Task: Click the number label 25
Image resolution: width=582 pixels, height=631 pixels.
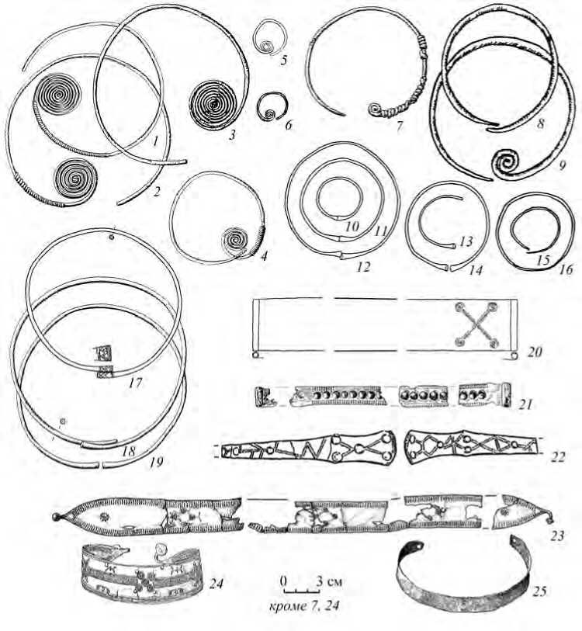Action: point(540,591)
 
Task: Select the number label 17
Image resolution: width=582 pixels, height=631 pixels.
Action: point(136,382)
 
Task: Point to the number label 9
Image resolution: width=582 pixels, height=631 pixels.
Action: point(562,165)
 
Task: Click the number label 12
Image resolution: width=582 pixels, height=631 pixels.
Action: point(363,266)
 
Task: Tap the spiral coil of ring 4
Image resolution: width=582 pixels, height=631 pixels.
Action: point(236,241)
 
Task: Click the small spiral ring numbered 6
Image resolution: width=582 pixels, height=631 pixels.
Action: point(269,106)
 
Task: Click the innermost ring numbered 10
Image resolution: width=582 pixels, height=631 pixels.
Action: point(340,179)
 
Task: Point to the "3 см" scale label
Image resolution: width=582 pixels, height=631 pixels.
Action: point(329,581)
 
